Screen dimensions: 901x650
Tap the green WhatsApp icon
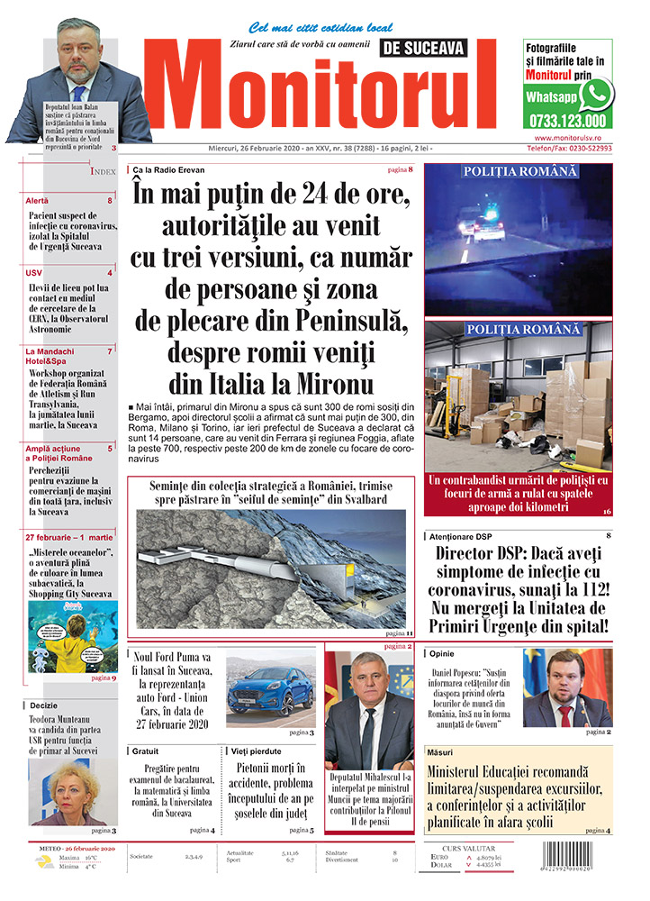(x=595, y=94)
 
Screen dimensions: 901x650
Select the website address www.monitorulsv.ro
(x=567, y=137)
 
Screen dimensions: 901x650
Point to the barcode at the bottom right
(x=575, y=866)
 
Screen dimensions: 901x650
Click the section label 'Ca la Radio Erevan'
(x=168, y=170)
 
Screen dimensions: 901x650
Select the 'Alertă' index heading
(x=38, y=200)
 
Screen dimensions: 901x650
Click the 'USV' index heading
(x=34, y=272)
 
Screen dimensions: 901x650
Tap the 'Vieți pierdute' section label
(x=257, y=751)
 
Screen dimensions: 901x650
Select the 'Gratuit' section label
(x=145, y=751)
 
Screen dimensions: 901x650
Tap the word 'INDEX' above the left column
(x=104, y=171)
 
